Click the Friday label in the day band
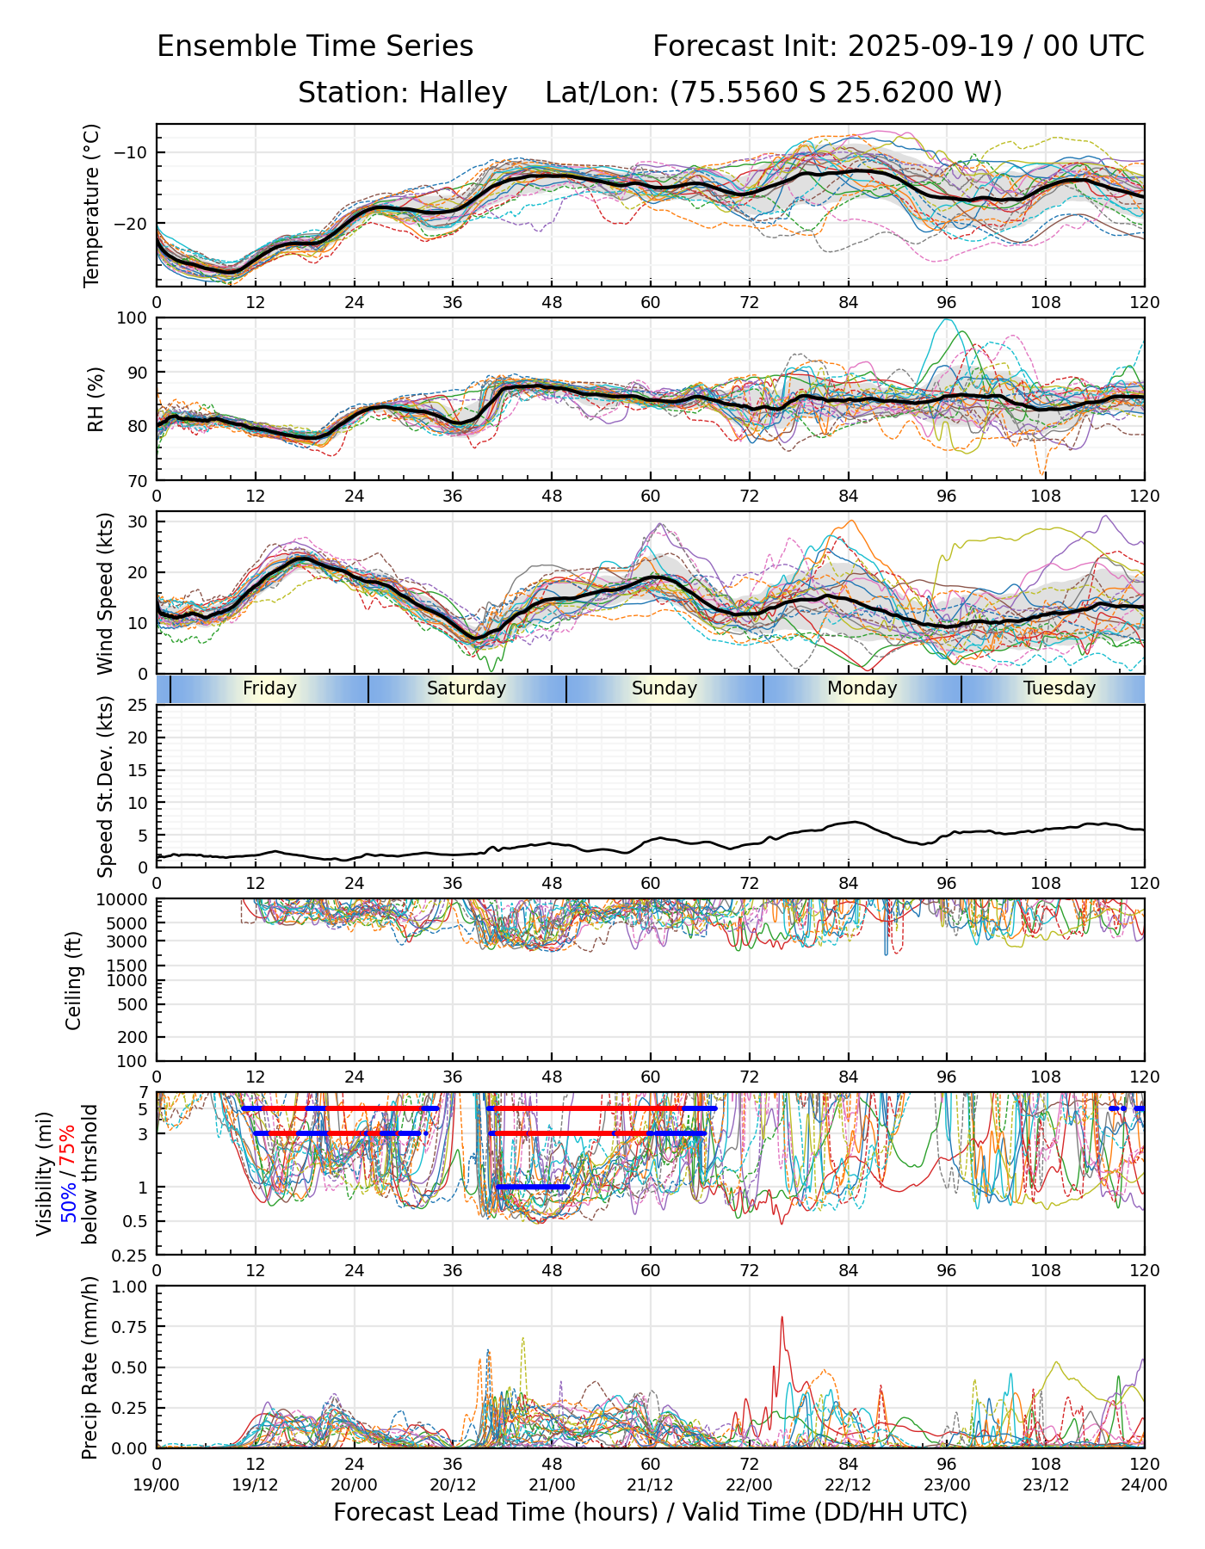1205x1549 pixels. click(x=269, y=688)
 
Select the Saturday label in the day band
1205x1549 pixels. click(x=467, y=688)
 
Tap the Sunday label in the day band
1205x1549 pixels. click(x=664, y=688)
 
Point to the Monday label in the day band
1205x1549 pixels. click(x=862, y=688)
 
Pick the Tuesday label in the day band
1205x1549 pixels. click(x=1059, y=688)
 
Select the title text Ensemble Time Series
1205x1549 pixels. click(x=315, y=46)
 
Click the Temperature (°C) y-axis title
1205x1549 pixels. click(x=92, y=205)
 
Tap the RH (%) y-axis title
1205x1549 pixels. click(x=96, y=399)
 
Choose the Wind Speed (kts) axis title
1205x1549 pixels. click(x=105, y=593)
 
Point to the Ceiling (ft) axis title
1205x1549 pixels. click(x=74, y=980)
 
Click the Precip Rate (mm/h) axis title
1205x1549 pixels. click(x=90, y=1367)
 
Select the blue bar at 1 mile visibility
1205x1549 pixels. click(x=532, y=1187)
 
